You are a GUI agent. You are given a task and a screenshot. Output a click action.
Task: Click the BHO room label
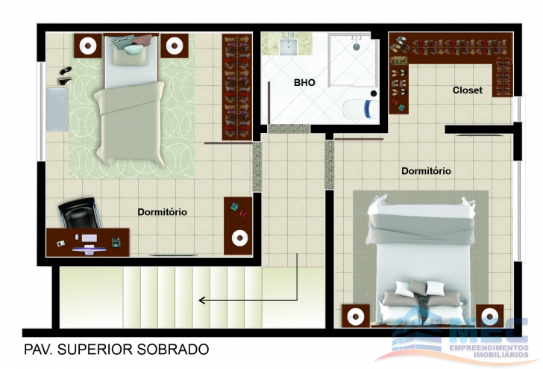point(304,82)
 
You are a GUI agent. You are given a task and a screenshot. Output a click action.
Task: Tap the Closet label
point(468,90)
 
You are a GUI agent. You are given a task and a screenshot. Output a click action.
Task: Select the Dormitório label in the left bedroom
point(163,212)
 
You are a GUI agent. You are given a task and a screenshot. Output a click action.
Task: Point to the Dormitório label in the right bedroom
point(427,171)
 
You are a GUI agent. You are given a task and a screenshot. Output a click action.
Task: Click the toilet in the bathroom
point(361,109)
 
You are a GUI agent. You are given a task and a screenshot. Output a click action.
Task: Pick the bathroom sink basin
point(289,47)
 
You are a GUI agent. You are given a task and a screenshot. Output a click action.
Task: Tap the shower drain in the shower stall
point(357,46)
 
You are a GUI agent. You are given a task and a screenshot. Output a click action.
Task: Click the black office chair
point(80,213)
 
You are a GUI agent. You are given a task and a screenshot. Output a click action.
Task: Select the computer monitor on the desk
point(90,249)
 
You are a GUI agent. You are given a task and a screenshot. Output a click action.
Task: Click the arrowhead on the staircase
point(202,300)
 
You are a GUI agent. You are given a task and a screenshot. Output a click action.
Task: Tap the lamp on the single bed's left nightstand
point(88,46)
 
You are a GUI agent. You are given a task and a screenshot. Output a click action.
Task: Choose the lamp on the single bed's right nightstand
point(175,46)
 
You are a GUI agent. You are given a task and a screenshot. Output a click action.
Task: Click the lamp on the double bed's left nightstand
point(356,316)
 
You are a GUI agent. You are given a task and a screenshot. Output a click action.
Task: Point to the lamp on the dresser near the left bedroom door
point(239,238)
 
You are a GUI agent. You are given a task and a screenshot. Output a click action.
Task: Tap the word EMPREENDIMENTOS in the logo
point(489,348)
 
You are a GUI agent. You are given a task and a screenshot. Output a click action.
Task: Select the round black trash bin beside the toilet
point(374,93)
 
